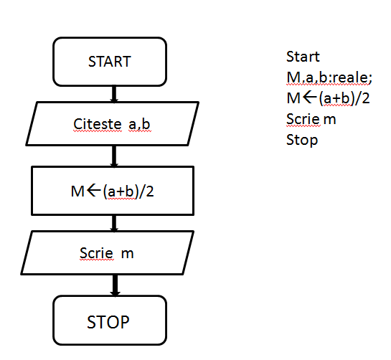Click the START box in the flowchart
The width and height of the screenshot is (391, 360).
coord(110,62)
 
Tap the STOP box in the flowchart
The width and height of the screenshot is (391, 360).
coord(109,322)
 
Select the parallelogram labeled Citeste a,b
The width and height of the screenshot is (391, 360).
coord(112,125)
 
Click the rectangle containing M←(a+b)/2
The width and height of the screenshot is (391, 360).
coord(112,190)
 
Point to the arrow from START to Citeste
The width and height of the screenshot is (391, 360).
coord(113,94)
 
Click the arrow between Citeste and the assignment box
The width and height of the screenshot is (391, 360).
coord(113,156)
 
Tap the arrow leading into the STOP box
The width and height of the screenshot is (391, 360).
coord(113,285)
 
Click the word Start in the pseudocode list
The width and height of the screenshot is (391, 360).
coord(303,57)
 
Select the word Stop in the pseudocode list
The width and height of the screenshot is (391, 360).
coord(302,140)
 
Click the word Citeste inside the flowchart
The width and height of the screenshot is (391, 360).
coord(98,125)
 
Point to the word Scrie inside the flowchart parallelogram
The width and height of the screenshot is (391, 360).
coord(95,253)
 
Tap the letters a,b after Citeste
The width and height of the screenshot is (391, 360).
coord(140,125)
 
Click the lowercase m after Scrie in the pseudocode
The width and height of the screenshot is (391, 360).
coord(330,119)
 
